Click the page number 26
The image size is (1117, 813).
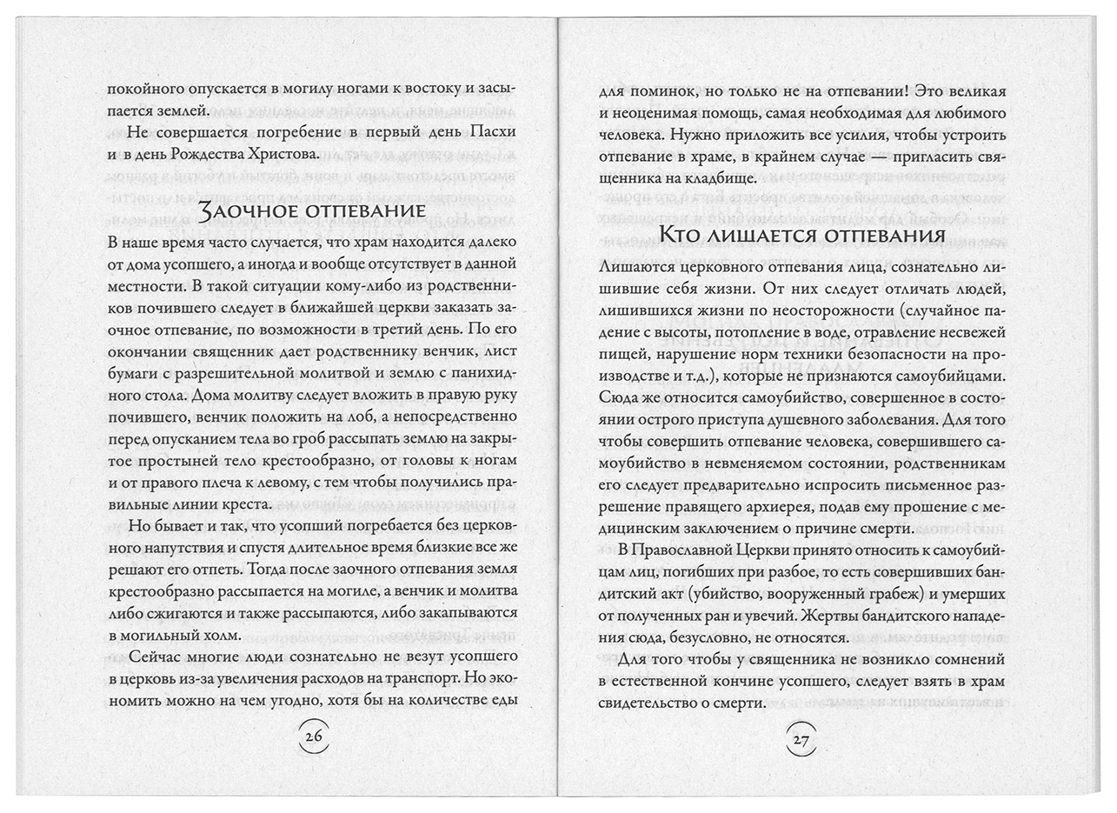(313, 737)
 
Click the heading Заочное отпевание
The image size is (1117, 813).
(300, 211)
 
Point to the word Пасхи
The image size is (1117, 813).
(492, 131)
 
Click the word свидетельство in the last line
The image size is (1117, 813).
(656, 703)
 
